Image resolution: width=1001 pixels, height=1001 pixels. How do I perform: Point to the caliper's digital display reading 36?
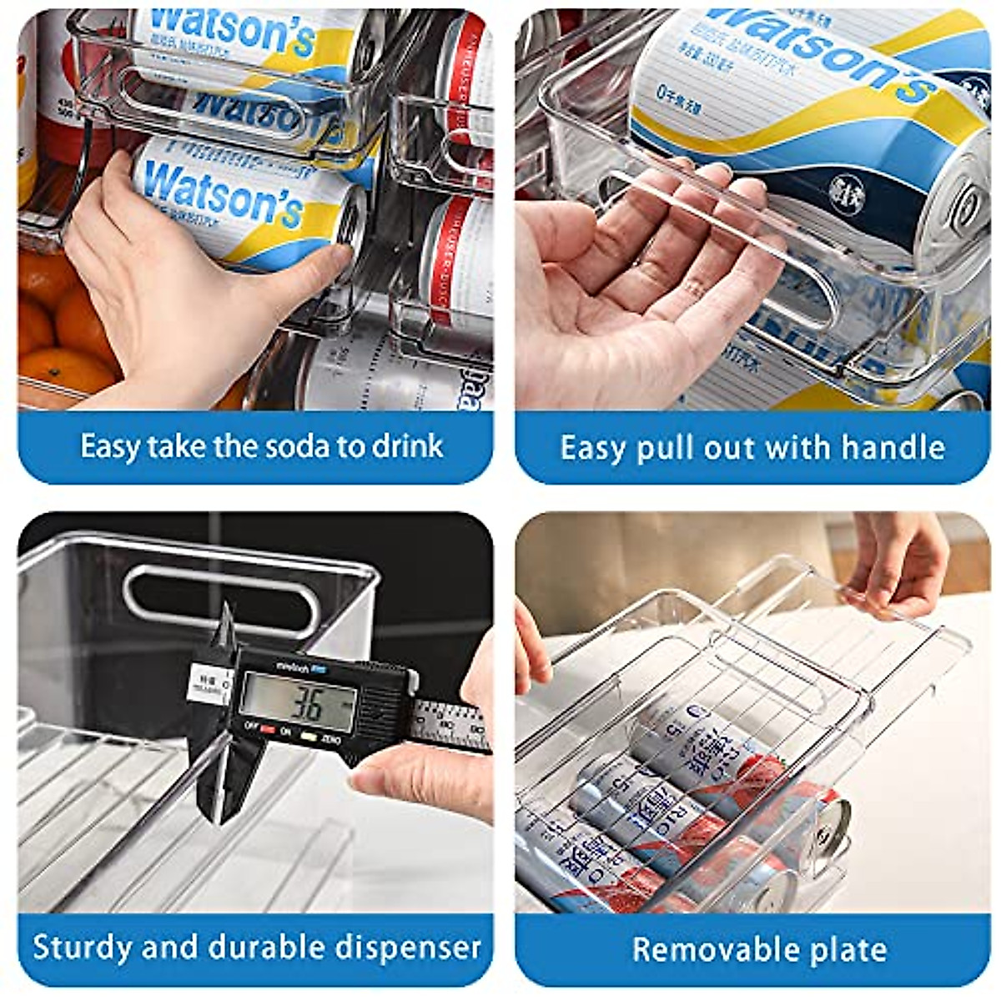(299, 703)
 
